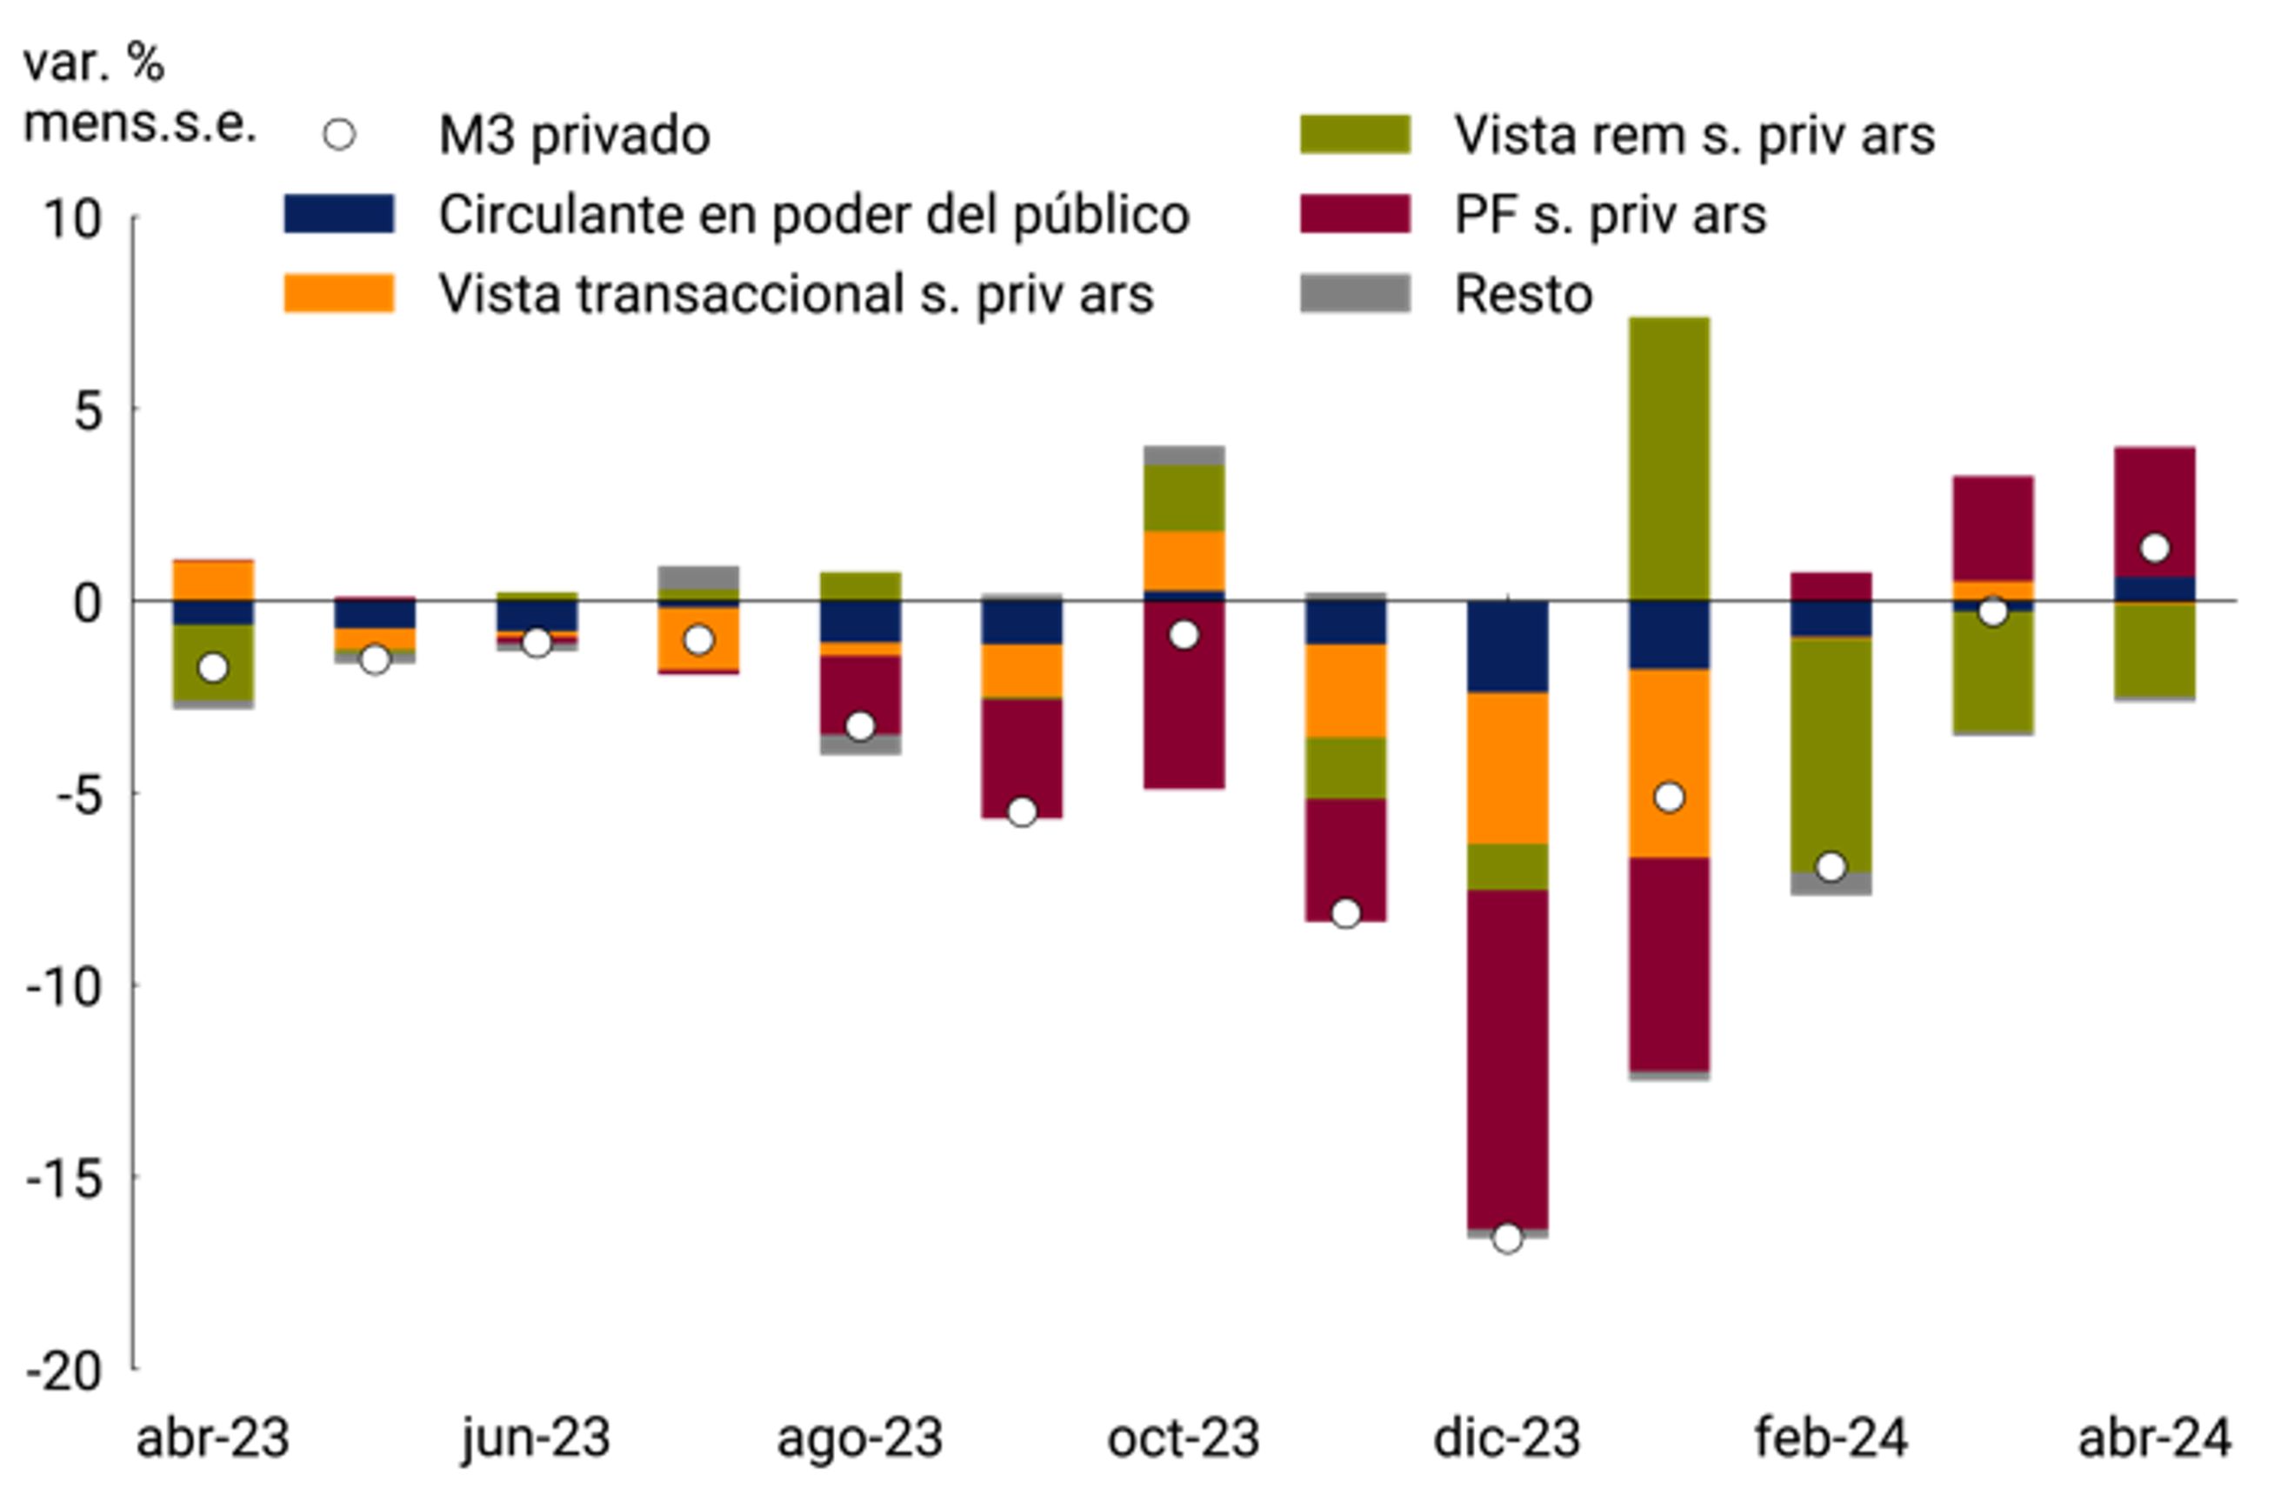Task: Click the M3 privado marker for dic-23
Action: coord(1507,1238)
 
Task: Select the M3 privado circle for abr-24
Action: coord(2155,548)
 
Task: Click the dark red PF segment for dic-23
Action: coord(1507,1058)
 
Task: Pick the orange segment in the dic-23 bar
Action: coord(1507,768)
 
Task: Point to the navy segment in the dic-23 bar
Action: coord(1507,646)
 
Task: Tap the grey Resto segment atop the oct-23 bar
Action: coord(1184,455)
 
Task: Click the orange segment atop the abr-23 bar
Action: coord(213,580)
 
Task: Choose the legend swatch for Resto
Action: coord(1354,293)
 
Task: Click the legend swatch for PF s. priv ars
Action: coord(1354,214)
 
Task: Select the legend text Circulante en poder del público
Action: coord(814,214)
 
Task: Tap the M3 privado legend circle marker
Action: coord(339,134)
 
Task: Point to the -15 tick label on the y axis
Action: coord(65,1178)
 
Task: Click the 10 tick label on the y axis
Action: coord(72,218)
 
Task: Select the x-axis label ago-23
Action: coord(860,1438)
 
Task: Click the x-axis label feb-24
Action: coord(1831,1438)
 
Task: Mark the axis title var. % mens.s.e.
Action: coord(139,94)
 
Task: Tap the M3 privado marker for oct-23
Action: coord(1184,634)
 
